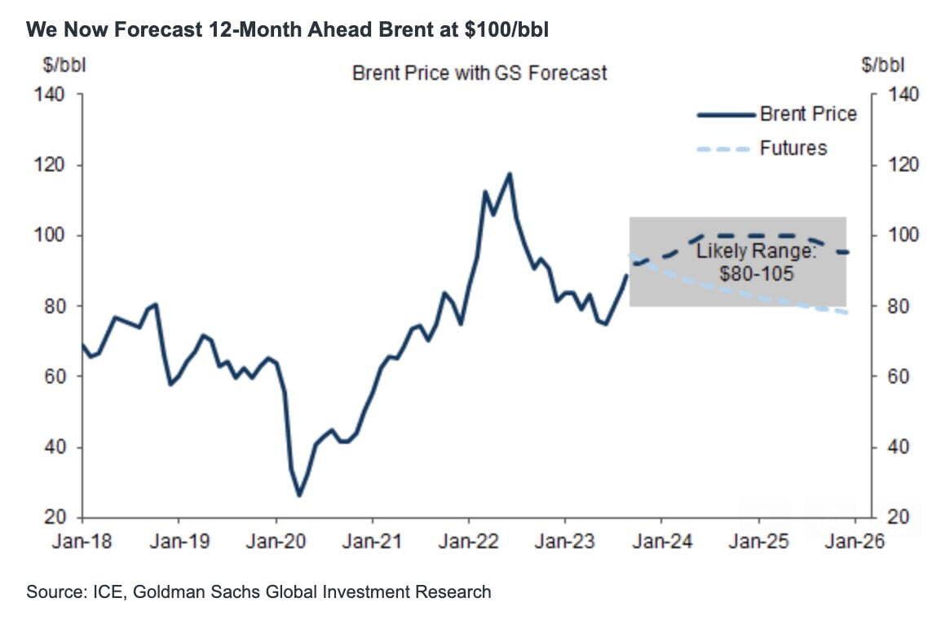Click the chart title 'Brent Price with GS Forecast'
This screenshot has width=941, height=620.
coord(479,73)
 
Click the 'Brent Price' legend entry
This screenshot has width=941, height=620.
coord(807,113)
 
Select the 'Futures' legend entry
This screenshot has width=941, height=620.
coord(793,148)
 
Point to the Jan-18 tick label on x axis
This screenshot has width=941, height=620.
coord(82,542)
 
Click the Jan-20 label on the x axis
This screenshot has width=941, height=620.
coord(276,542)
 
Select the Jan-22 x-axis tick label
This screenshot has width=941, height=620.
coord(469,542)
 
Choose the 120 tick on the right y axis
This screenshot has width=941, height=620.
coord(903,166)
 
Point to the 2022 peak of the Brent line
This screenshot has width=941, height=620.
coord(509,173)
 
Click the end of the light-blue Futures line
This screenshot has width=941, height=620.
coord(848,313)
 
